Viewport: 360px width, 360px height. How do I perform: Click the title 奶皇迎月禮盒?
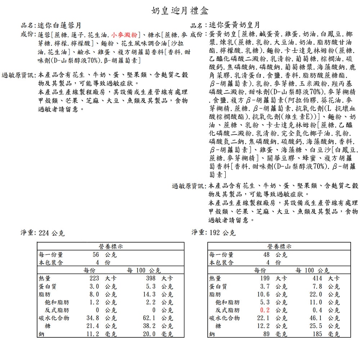click(x=180, y=10)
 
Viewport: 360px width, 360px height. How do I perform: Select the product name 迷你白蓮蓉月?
click(x=59, y=26)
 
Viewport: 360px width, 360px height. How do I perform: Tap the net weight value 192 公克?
click(x=222, y=233)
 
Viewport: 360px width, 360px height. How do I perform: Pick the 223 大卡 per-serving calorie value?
click(x=102, y=278)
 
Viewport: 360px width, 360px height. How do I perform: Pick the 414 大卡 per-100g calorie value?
click(x=325, y=278)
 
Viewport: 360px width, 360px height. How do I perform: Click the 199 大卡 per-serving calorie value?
click(x=273, y=278)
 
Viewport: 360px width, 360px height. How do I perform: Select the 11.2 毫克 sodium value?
click(x=102, y=334)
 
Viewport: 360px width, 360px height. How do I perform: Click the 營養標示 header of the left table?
click(x=111, y=247)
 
